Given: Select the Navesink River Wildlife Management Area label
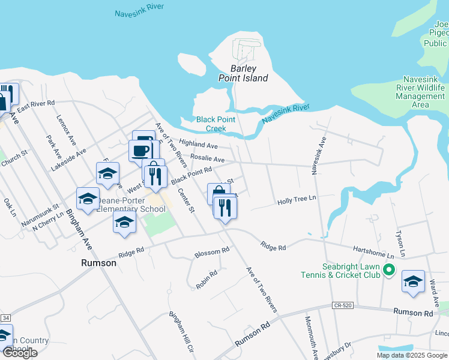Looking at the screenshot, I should pos(424,92).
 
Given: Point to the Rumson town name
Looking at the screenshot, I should pos(98,263).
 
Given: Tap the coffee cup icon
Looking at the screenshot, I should pos(141,150).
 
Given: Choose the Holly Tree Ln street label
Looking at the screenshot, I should pos(297,202).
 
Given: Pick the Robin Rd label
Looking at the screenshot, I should pos(206,280).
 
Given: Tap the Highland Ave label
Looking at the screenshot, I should pos(197,145).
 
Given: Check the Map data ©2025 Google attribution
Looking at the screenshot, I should pos(412,355).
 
